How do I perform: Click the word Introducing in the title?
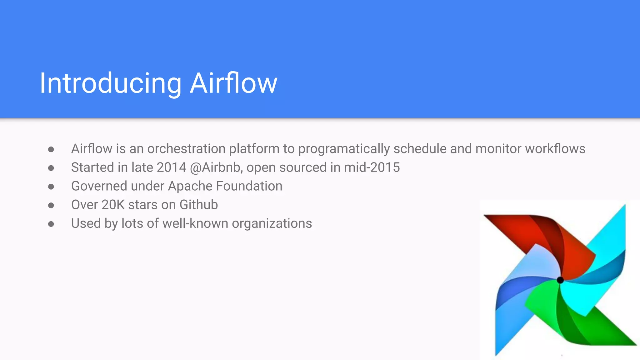click(x=110, y=83)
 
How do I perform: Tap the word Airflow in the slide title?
click(x=233, y=83)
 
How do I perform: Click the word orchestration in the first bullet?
click(x=186, y=149)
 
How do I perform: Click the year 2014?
click(x=171, y=167)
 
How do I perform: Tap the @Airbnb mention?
click(x=216, y=167)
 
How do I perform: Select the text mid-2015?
click(x=372, y=167)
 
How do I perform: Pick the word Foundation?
click(x=249, y=186)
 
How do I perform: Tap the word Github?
click(x=198, y=205)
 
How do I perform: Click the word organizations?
click(x=272, y=224)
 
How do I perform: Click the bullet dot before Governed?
click(x=51, y=187)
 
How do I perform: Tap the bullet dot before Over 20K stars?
click(x=51, y=206)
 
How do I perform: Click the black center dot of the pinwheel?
click(x=560, y=280)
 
